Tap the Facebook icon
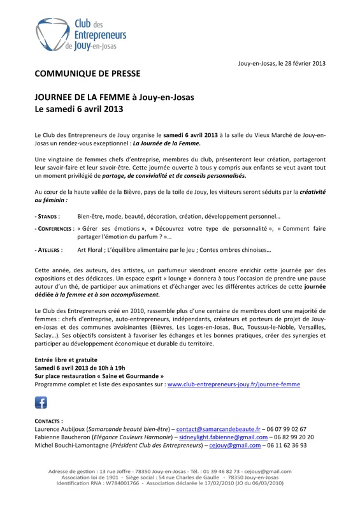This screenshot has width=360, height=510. pyautogui.click(x=41, y=402)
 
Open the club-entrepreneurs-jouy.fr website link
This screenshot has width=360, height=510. pyautogui.click(x=233, y=384)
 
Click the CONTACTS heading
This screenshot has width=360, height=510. pyautogui.click(x=48, y=421)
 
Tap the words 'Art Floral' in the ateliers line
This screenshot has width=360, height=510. pyautogui.click(x=90, y=249)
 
